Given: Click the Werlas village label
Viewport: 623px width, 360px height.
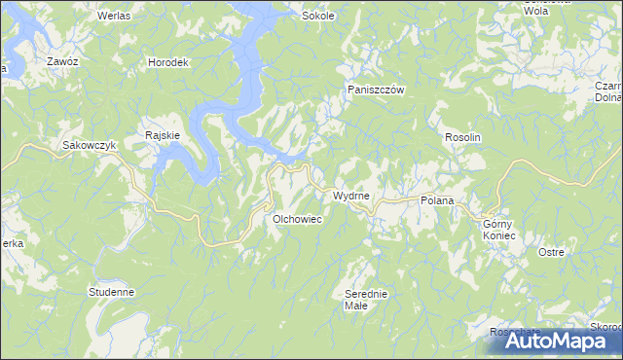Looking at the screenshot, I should click(x=114, y=17).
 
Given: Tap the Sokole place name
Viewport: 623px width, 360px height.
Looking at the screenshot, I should click(x=318, y=17).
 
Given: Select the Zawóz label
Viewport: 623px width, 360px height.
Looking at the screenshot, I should click(x=62, y=61).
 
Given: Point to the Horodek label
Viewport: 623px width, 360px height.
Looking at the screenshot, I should click(x=167, y=62).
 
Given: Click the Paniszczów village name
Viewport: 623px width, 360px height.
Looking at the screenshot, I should click(x=376, y=90).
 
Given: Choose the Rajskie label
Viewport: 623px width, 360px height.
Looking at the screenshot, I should click(x=162, y=135).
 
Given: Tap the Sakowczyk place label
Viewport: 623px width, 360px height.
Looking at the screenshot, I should click(x=90, y=145).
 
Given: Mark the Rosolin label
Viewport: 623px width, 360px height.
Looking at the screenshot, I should click(x=463, y=138).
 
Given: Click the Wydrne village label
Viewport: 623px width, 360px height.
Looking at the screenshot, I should click(x=350, y=196).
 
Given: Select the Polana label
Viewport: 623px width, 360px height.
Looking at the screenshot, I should click(x=437, y=199).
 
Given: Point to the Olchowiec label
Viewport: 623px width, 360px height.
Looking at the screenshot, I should click(x=297, y=220).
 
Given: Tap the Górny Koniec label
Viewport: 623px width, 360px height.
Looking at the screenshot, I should click(x=498, y=230).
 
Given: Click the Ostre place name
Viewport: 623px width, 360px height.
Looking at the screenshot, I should click(x=551, y=252).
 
